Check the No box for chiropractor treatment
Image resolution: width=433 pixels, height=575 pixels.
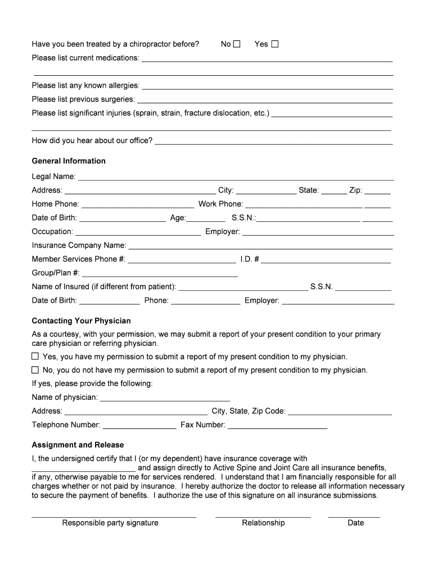[237, 44]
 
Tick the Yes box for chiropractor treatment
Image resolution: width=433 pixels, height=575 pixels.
[275, 44]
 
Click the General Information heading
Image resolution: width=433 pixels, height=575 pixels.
[69, 161]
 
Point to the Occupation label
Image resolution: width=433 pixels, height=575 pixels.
[52, 231]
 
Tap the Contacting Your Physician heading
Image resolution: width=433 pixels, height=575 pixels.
[81, 321]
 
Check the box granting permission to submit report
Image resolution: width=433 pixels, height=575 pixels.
[35, 357]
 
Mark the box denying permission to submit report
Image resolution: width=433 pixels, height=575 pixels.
[35, 370]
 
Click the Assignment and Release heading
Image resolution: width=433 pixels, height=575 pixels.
[78, 445]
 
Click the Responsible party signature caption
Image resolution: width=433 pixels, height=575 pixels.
[110, 523]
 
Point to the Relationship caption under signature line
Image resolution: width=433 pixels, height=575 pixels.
[263, 523]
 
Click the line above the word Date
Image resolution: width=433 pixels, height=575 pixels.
[354, 516]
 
